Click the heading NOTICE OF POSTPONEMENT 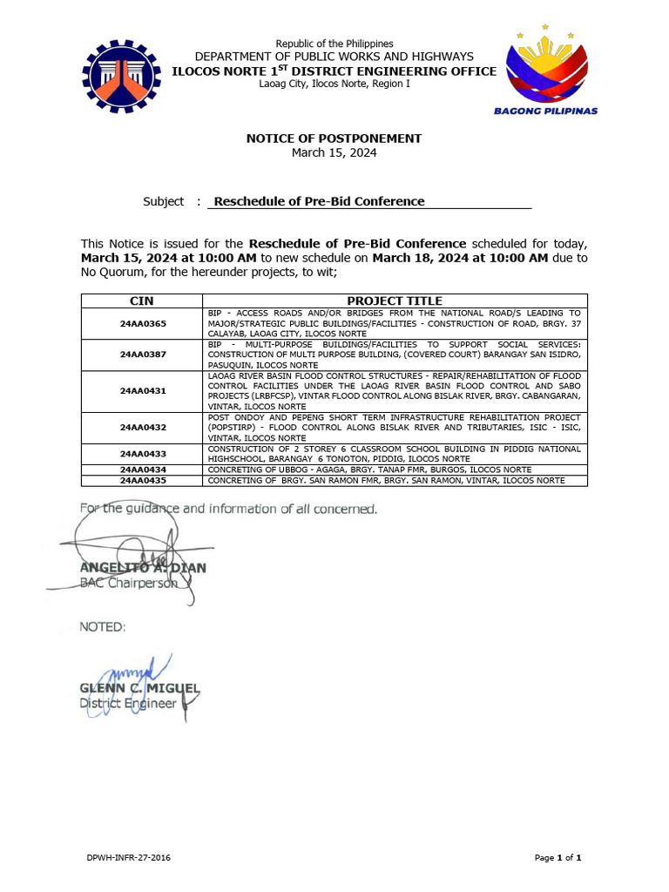334,139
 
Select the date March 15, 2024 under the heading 334,152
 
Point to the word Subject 163,201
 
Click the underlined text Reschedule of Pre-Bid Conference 319,201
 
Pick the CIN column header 141,301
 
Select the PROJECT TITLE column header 395,301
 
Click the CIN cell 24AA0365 142,323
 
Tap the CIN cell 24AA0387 142,355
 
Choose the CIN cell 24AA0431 142,390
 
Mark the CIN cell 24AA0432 142,428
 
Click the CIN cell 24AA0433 142,454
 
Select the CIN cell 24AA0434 142,470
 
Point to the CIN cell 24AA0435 142,480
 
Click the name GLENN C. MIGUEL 139,688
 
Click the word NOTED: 103,626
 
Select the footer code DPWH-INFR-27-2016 128,858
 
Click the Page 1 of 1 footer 557,858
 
